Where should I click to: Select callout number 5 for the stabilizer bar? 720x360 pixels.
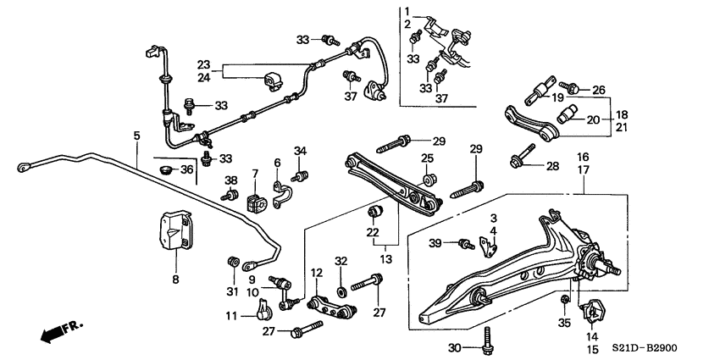[136, 135]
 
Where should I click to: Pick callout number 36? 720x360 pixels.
[187, 169]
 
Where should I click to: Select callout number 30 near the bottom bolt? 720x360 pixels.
[454, 346]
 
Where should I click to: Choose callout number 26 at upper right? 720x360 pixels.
[598, 89]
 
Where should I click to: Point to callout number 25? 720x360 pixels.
[428, 158]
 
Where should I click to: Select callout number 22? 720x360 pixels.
[371, 233]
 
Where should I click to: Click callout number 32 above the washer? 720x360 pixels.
[341, 260]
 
